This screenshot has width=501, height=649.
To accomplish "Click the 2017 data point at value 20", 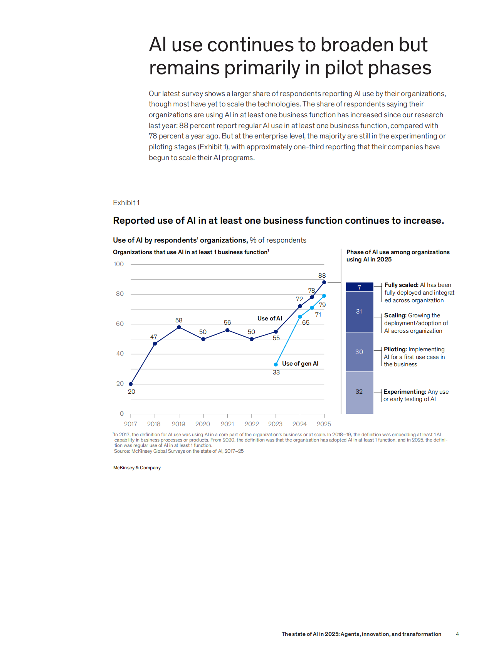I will [x=131, y=384].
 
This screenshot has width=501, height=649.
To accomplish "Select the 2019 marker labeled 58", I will [x=179, y=327].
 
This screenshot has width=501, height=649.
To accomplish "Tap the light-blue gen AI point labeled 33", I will [x=276, y=364].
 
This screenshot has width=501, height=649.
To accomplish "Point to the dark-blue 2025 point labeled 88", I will [x=324, y=282].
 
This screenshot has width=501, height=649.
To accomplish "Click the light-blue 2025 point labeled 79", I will [x=324, y=296].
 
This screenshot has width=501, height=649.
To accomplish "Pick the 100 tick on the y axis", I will [x=119, y=264].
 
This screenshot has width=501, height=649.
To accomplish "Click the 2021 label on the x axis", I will [x=227, y=424].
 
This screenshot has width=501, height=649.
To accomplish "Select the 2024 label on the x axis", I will [x=299, y=424].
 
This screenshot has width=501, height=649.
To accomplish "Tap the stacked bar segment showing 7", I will [x=360, y=287].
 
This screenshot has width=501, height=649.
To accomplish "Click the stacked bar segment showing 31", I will [x=360, y=312].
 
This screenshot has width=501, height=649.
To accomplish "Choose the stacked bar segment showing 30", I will [x=360, y=352].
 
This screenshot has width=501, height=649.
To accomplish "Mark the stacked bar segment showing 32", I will [x=360, y=392].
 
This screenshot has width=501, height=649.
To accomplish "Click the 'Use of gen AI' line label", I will [x=300, y=364].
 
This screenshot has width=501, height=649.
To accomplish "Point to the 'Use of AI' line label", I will [x=270, y=319].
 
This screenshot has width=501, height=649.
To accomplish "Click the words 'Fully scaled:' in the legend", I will [x=401, y=285].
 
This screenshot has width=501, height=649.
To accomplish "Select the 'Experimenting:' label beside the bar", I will [x=405, y=392].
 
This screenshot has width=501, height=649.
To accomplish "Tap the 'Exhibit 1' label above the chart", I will [x=126, y=203].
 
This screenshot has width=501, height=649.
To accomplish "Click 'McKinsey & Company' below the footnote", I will [x=137, y=468].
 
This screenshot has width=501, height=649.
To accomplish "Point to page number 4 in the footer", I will [x=457, y=634].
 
